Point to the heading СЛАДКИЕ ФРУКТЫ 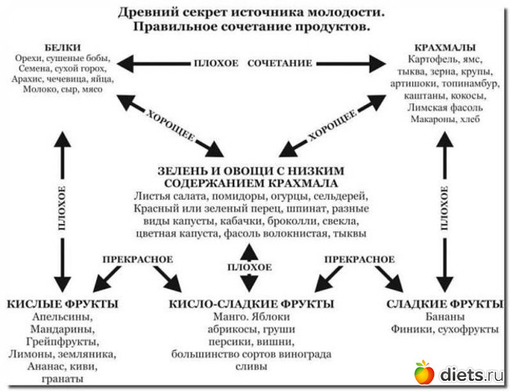444,304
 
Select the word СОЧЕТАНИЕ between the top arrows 280,62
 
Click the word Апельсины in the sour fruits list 60,317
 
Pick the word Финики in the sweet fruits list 410,330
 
